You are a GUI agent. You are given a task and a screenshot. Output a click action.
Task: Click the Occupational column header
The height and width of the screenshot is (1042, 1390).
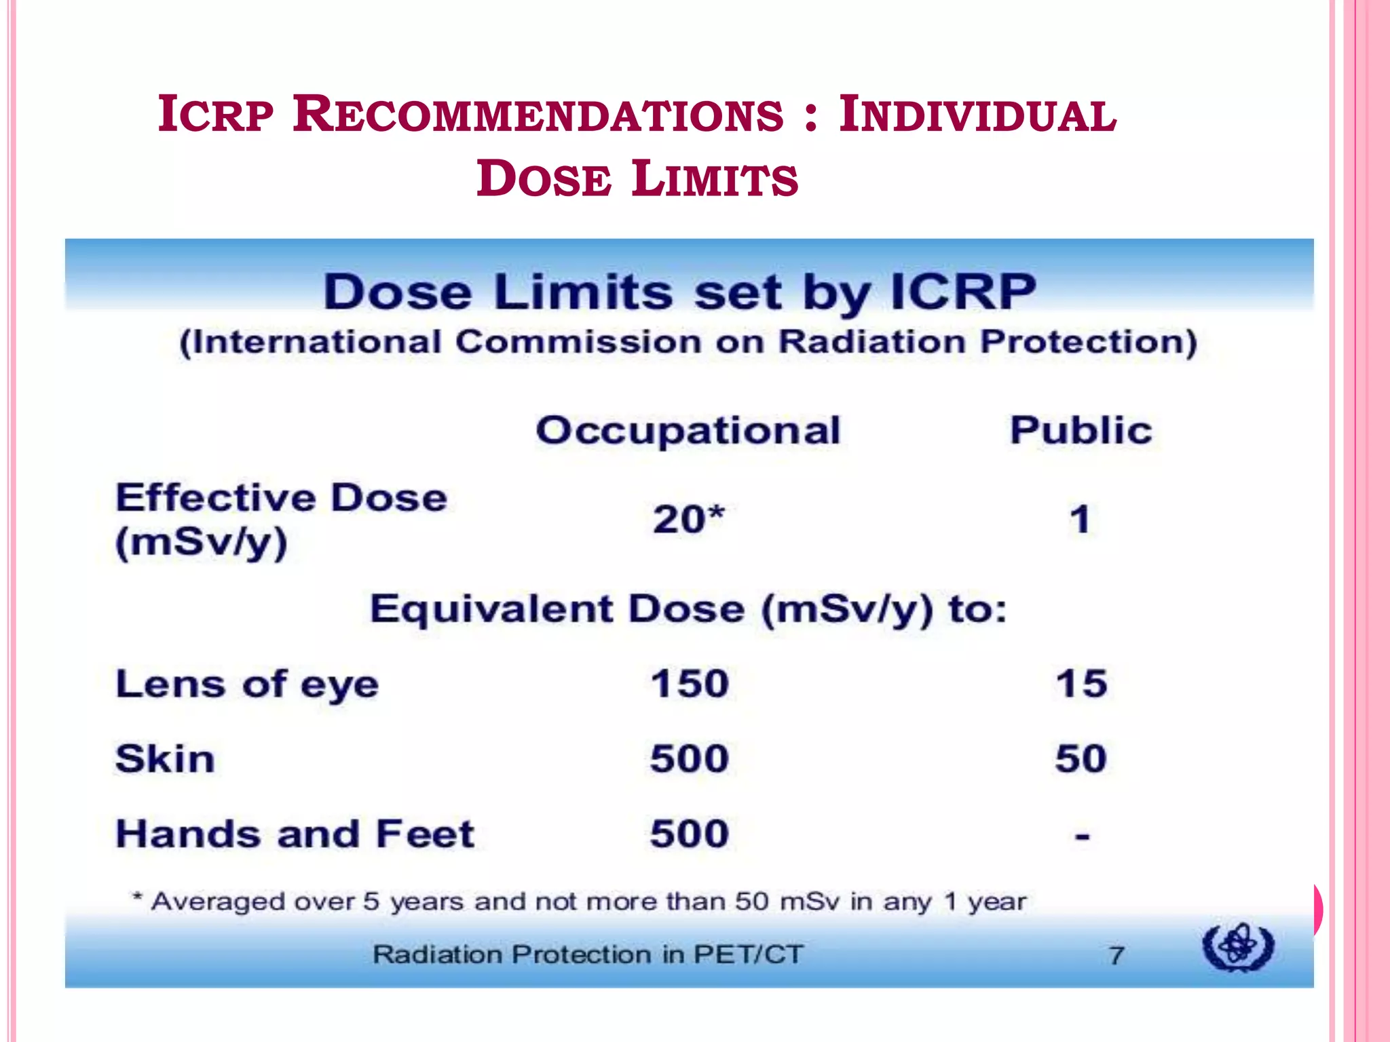pyautogui.click(x=688, y=431)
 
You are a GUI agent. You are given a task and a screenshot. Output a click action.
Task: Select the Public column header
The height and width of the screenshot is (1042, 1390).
pyautogui.click(x=1081, y=431)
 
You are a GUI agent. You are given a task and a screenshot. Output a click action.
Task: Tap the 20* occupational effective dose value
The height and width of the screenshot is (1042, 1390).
pyautogui.click(x=688, y=520)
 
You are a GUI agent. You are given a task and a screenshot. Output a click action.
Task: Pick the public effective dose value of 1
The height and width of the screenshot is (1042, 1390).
pyautogui.click(x=1080, y=520)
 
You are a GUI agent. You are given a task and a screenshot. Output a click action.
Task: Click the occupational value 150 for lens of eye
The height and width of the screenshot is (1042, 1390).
pyautogui.click(x=690, y=684)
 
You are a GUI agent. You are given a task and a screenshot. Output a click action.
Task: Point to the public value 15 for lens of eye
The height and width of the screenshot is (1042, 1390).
pyautogui.click(x=1081, y=684)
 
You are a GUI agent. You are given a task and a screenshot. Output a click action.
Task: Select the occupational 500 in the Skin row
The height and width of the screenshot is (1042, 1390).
pyautogui.click(x=690, y=758)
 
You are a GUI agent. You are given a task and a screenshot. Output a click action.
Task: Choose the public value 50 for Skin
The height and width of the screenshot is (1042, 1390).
pyautogui.click(x=1081, y=758)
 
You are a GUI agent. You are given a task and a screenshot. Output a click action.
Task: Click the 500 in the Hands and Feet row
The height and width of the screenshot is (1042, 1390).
pyautogui.click(x=690, y=834)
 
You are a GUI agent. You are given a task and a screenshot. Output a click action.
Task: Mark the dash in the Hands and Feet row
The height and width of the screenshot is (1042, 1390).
pyautogui.click(x=1082, y=836)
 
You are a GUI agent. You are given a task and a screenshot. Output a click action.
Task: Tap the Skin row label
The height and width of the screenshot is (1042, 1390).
pyautogui.click(x=165, y=758)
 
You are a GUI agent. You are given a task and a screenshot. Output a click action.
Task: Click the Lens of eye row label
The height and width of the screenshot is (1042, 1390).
pyautogui.click(x=247, y=684)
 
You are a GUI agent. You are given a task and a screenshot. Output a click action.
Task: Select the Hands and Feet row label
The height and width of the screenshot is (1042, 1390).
pyautogui.click(x=295, y=834)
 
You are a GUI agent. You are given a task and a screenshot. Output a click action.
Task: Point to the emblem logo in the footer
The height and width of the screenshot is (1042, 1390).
pyautogui.click(x=1238, y=946)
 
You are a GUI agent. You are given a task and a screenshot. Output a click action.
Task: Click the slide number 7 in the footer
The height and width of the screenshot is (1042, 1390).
pyautogui.click(x=1116, y=955)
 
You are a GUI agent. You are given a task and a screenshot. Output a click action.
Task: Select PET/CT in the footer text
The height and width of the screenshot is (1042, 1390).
pyautogui.click(x=747, y=954)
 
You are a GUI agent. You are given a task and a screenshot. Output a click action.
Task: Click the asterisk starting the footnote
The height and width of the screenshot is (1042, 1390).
pyautogui.click(x=138, y=899)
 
